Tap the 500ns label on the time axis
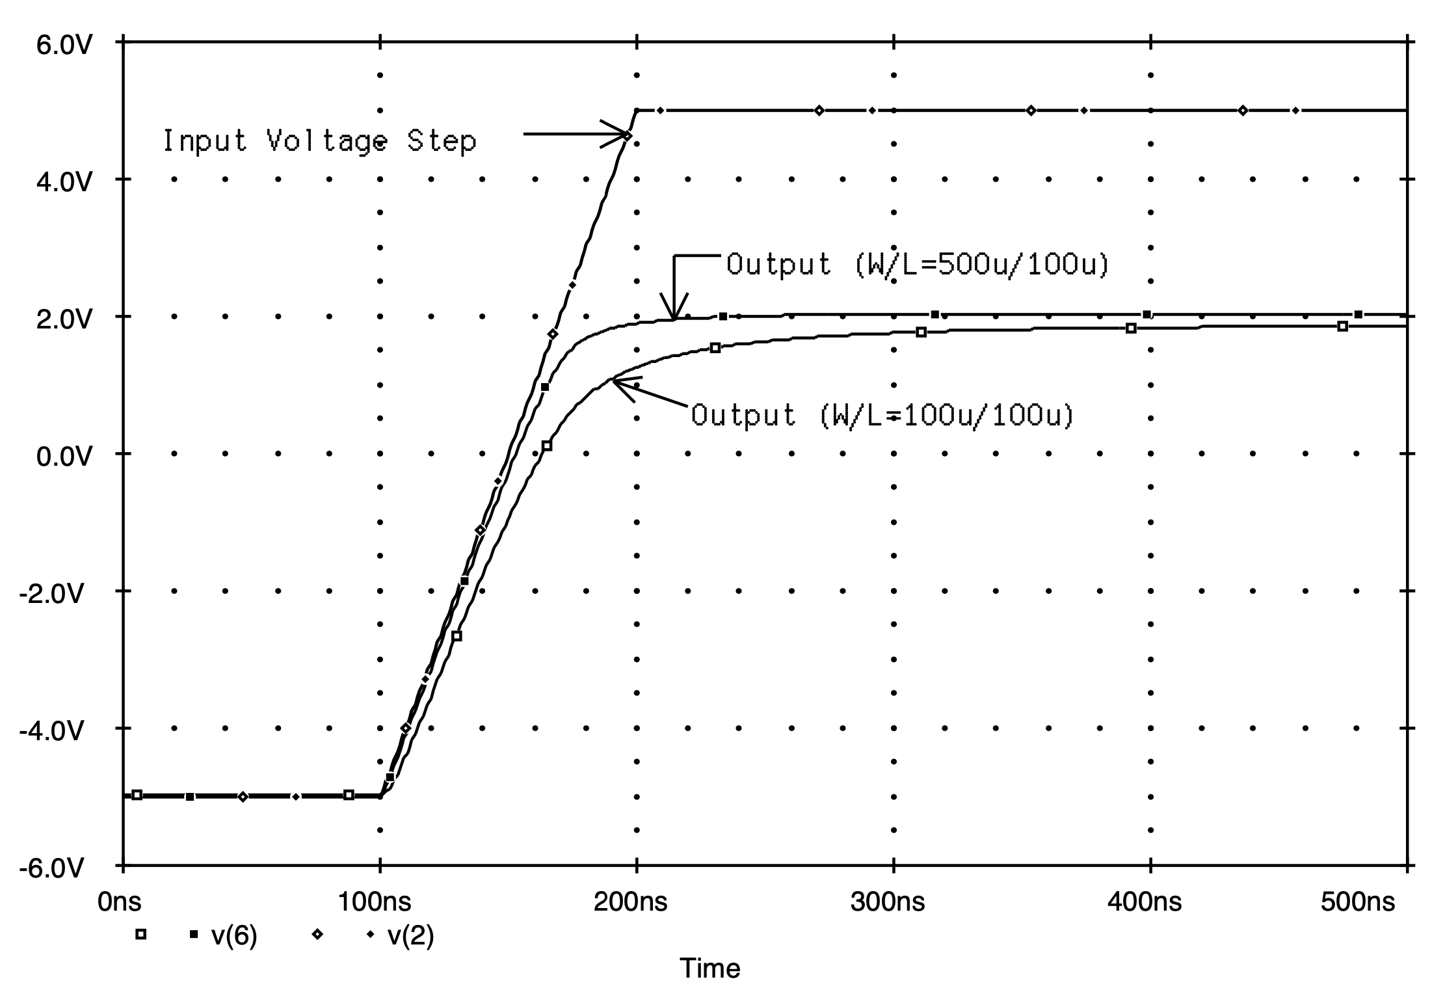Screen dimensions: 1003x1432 pyautogui.click(x=1358, y=902)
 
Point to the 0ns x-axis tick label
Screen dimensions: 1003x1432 pyautogui.click(x=119, y=902)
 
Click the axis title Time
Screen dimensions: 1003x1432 pyautogui.click(x=709, y=969)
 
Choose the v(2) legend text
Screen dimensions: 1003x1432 pyautogui.click(x=410, y=935)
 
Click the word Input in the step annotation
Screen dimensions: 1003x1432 pyautogui.click(x=204, y=140)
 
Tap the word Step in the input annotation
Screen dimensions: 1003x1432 pyautogui.click(x=442, y=140)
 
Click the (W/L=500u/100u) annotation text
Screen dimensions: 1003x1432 pyautogui.click(x=981, y=265)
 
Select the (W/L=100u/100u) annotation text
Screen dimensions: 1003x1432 pyautogui.click(x=946, y=415)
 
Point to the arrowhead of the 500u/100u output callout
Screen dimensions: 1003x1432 pyautogui.click(x=675, y=315)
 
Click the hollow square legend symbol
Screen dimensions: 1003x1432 pyautogui.click(x=140, y=935)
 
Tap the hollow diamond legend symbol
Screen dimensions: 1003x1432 pyautogui.click(x=318, y=935)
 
